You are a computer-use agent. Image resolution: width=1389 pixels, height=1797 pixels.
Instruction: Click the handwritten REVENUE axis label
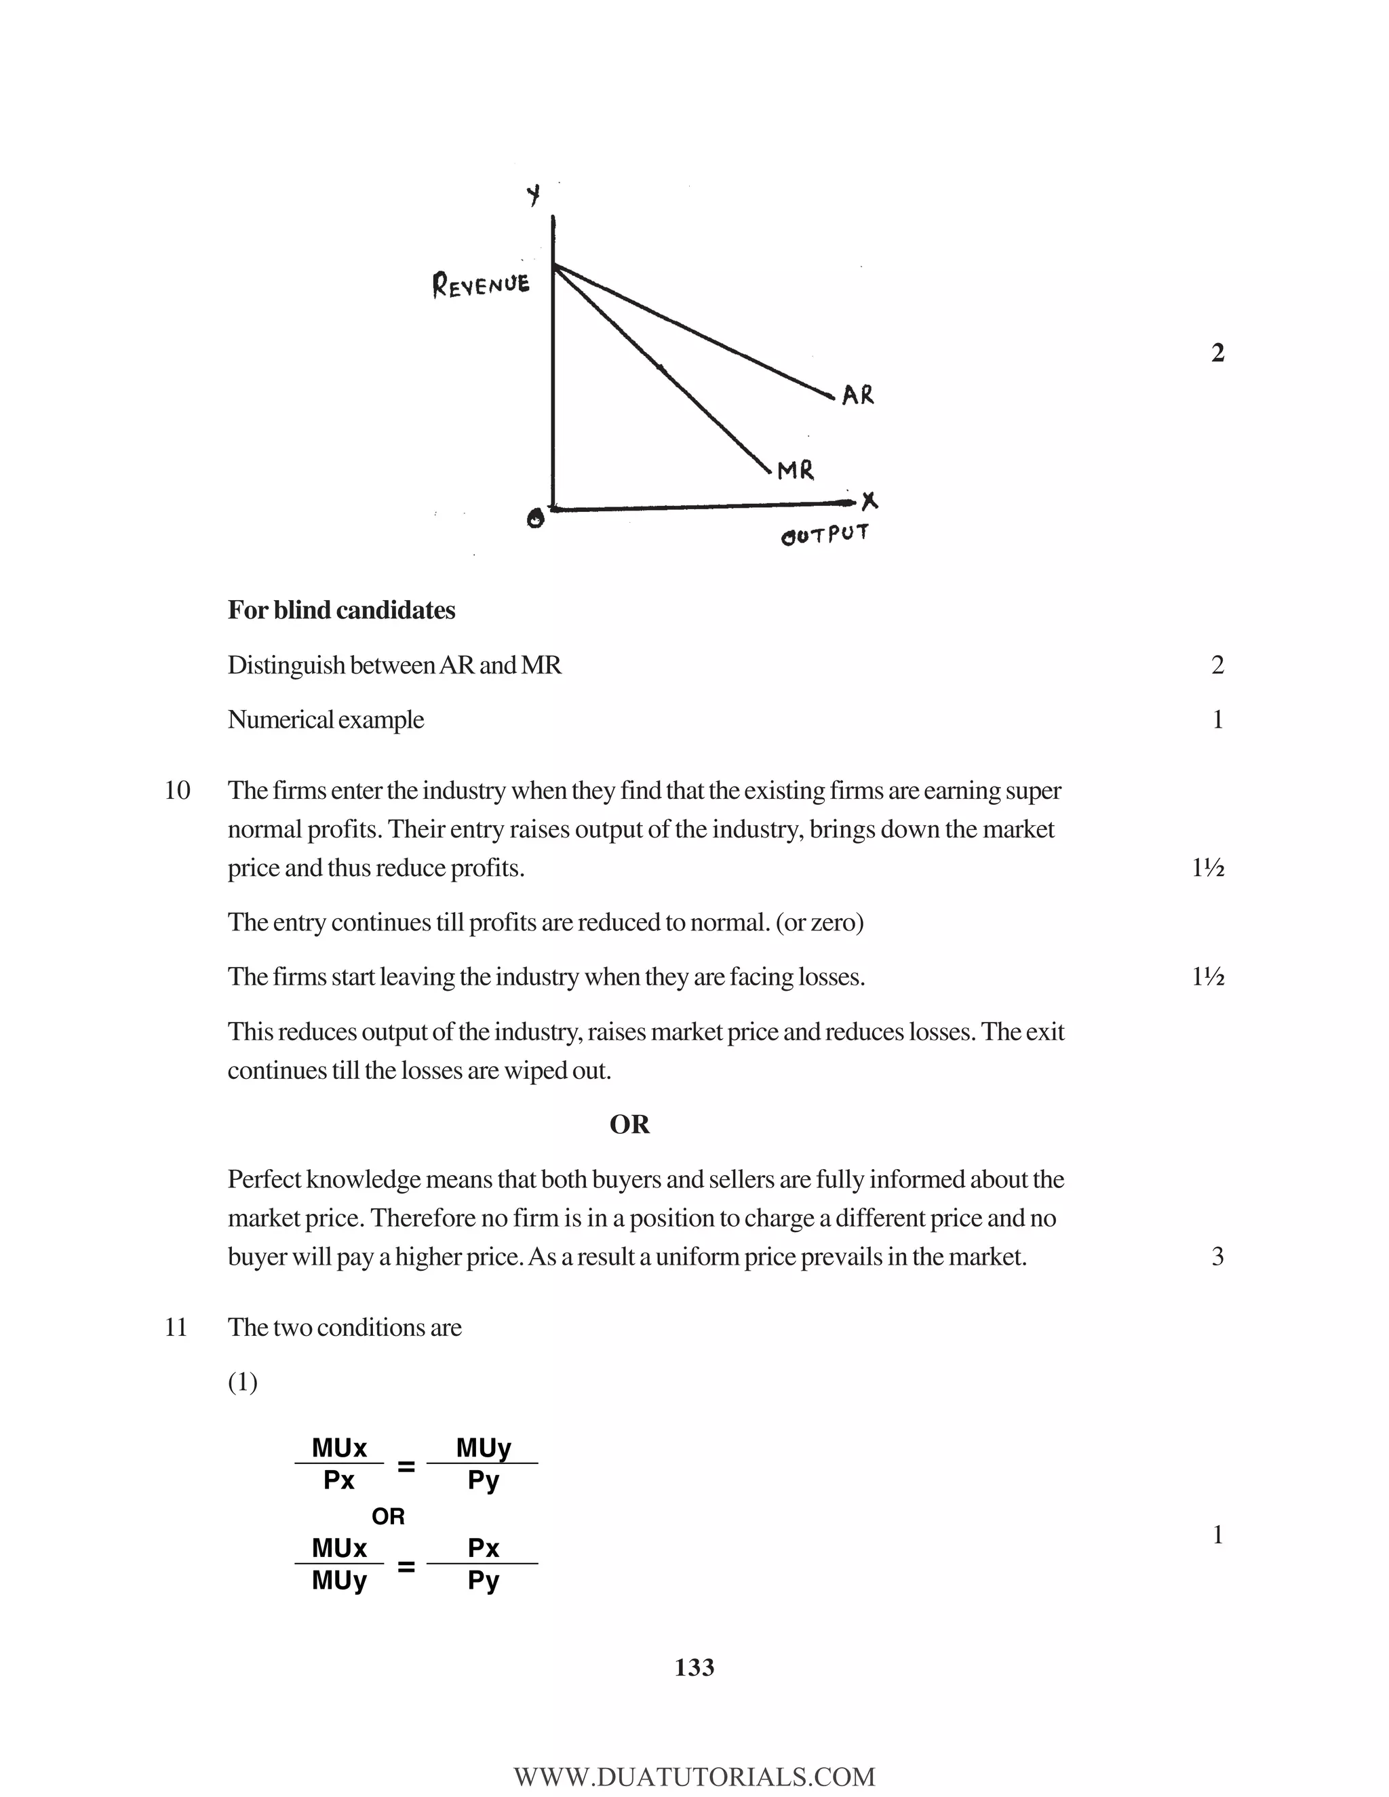coord(482,285)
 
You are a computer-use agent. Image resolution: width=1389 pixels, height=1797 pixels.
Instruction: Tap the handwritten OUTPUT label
coord(825,535)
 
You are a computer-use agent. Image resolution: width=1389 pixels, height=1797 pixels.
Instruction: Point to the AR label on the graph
coord(858,396)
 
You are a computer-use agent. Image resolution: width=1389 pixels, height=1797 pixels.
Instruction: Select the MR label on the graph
coord(796,471)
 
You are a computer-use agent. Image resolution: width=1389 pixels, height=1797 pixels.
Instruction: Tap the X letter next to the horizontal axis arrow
coord(869,500)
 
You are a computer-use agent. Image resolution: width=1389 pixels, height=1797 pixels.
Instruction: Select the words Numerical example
coord(325,720)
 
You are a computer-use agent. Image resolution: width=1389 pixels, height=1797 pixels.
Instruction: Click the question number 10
coord(177,791)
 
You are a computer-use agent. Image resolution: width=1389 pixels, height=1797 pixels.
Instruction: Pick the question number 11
coord(176,1327)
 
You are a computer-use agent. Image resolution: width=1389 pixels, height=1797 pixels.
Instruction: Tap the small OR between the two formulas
coord(389,1516)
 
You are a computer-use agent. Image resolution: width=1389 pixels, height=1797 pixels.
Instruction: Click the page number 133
coord(694,1668)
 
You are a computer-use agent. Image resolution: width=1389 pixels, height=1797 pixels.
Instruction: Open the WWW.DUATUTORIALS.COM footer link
coord(694,1777)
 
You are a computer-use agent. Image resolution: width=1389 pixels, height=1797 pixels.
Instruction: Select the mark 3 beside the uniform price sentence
coord(1217,1257)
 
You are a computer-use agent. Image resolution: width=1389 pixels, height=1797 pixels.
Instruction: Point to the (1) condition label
coord(243,1382)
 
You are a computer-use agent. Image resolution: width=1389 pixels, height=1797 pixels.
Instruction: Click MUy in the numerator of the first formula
coord(484,1447)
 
